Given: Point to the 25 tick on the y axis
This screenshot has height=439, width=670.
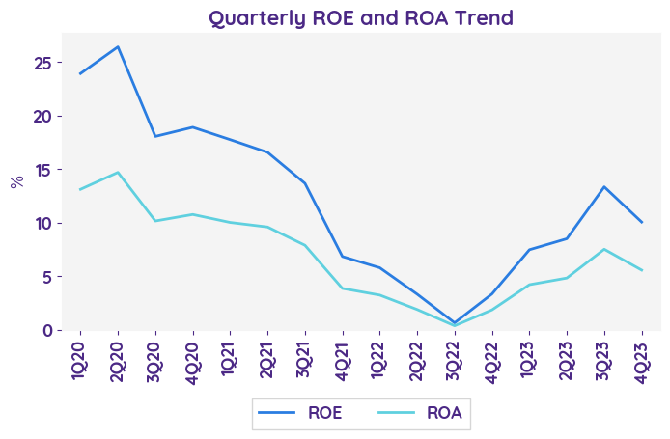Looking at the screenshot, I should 55,63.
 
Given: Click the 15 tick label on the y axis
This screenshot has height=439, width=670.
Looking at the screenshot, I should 55,170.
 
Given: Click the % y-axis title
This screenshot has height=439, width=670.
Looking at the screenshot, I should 17,181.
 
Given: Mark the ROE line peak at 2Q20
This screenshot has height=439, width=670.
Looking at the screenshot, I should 118,46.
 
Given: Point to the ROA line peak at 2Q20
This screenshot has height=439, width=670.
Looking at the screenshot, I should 118,173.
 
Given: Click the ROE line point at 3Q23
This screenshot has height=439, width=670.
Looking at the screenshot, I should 604,187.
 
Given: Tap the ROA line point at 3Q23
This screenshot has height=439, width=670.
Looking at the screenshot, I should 604,249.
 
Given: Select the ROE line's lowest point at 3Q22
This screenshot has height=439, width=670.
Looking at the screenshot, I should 455,322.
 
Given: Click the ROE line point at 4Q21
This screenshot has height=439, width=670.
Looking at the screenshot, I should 343,257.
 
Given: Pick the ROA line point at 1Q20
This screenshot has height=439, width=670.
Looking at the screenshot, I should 80,189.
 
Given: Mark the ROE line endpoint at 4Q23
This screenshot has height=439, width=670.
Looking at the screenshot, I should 642,222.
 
